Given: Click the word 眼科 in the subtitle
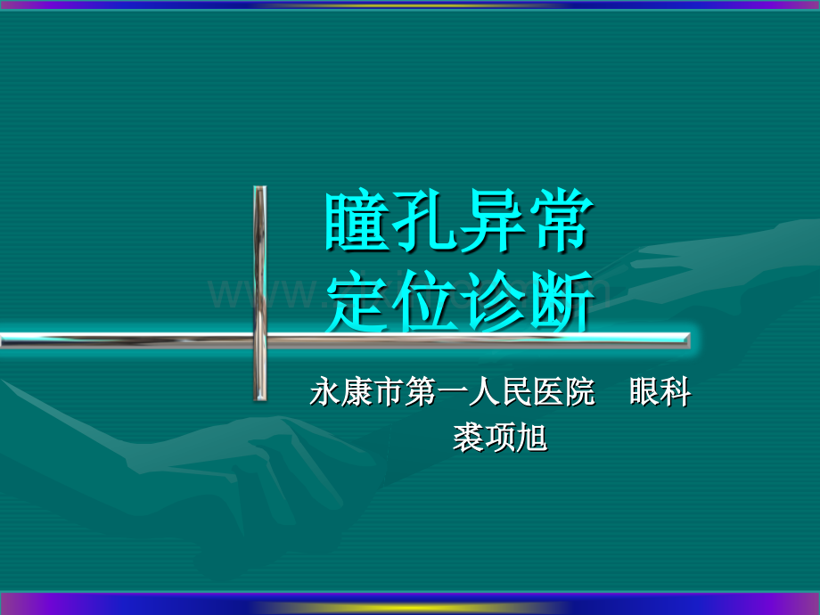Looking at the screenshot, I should coord(660,393).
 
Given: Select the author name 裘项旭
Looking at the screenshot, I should coord(499,439).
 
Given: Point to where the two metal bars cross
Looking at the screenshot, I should coord(259,339).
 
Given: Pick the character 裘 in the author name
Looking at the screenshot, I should coord(468,439).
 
